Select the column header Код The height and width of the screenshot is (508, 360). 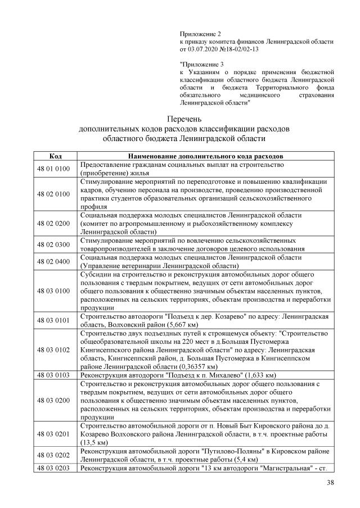point(56,156)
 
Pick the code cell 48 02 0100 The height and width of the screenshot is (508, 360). point(56,194)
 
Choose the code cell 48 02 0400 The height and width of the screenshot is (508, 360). point(56,261)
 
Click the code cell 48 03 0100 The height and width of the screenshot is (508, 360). point(56,291)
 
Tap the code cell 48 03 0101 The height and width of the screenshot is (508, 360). point(56,320)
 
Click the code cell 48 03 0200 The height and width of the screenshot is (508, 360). point(56,400)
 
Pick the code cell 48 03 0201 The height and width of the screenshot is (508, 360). point(56,434)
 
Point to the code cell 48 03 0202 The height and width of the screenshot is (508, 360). point(56,455)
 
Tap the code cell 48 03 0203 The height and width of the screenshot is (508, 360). point(56,468)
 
